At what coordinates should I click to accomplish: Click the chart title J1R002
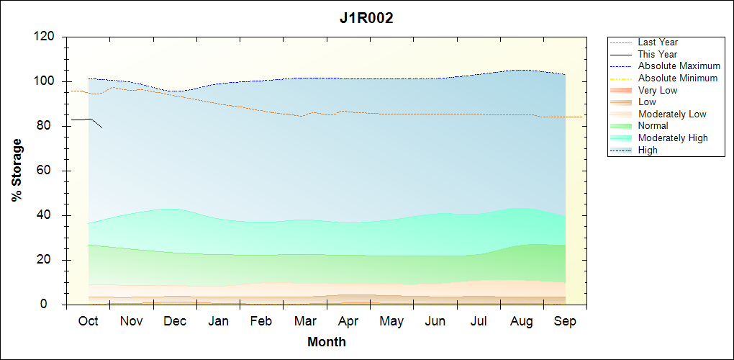pyautogui.click(x=366, y=19)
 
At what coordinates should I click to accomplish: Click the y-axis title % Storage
pyautogui.click(x=17, y=175)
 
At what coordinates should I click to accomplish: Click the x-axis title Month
pyautogui.click(x=327, y=342)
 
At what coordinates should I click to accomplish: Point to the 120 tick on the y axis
pyautogui.click(x=46, y=37)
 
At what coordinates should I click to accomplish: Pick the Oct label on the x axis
pyautogui.click(x=88, y=321)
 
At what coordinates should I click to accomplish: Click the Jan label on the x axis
pyautogui.click(x=218, y=321)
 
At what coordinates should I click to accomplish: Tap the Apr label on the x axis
pyautogui.click(x=348, y=321)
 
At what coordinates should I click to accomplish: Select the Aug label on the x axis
pyautogui.click(x=522, y=321)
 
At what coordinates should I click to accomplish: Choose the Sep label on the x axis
pyautogui.click(x=565, y=321)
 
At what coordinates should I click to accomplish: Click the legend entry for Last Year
pyautogui.click(x=658, y=42)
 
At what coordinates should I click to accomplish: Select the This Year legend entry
pyautogui.click(x=658, y=54)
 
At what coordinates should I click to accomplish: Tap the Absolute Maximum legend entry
pyautogui.click(x=679, y=66)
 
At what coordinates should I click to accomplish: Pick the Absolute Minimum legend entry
pyautogui.click(x=678, y=78)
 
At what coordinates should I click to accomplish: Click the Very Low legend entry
pyautogui.click(x=658, y=90)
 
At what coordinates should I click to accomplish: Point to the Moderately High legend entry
pyautogui.click(x=673, y=138)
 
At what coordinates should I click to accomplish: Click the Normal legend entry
pyautogui.click(x=653, y=126)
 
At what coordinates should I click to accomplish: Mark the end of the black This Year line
pyautogui.click(x=102, y=128)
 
